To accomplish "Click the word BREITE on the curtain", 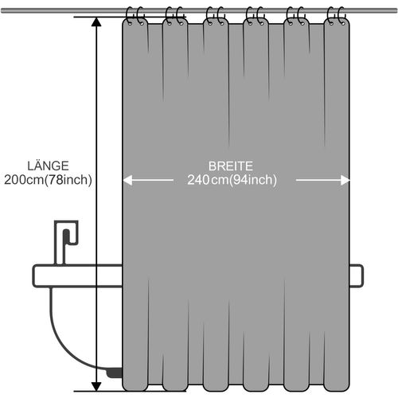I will tap(231, 166).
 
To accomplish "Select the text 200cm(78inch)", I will tap(48, 180).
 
